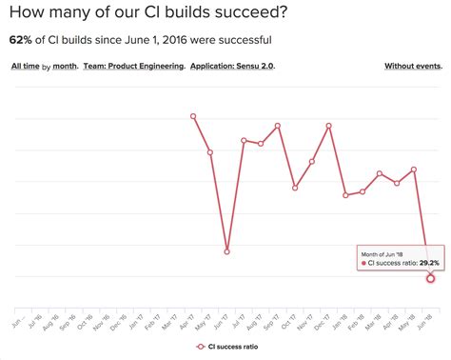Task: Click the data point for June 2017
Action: click(x=227, y=251)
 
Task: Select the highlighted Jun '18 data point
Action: click(x=431, y=277)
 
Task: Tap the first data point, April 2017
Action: click(x=193, y=116)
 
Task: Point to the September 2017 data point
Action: click(x=278, y=126)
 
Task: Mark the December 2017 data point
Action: click(x=329, y=126)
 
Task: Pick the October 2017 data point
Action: click(x=295, y=188)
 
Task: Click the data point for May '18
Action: click(x=414, y=170)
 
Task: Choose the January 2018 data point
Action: click(x=346, y=195)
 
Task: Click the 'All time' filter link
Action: click(x=26, y=67)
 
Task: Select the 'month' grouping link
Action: click(x=65, y=67)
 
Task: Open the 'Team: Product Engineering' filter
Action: click(x=133, y=67)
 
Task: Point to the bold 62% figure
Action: click(x=21, y=40)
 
